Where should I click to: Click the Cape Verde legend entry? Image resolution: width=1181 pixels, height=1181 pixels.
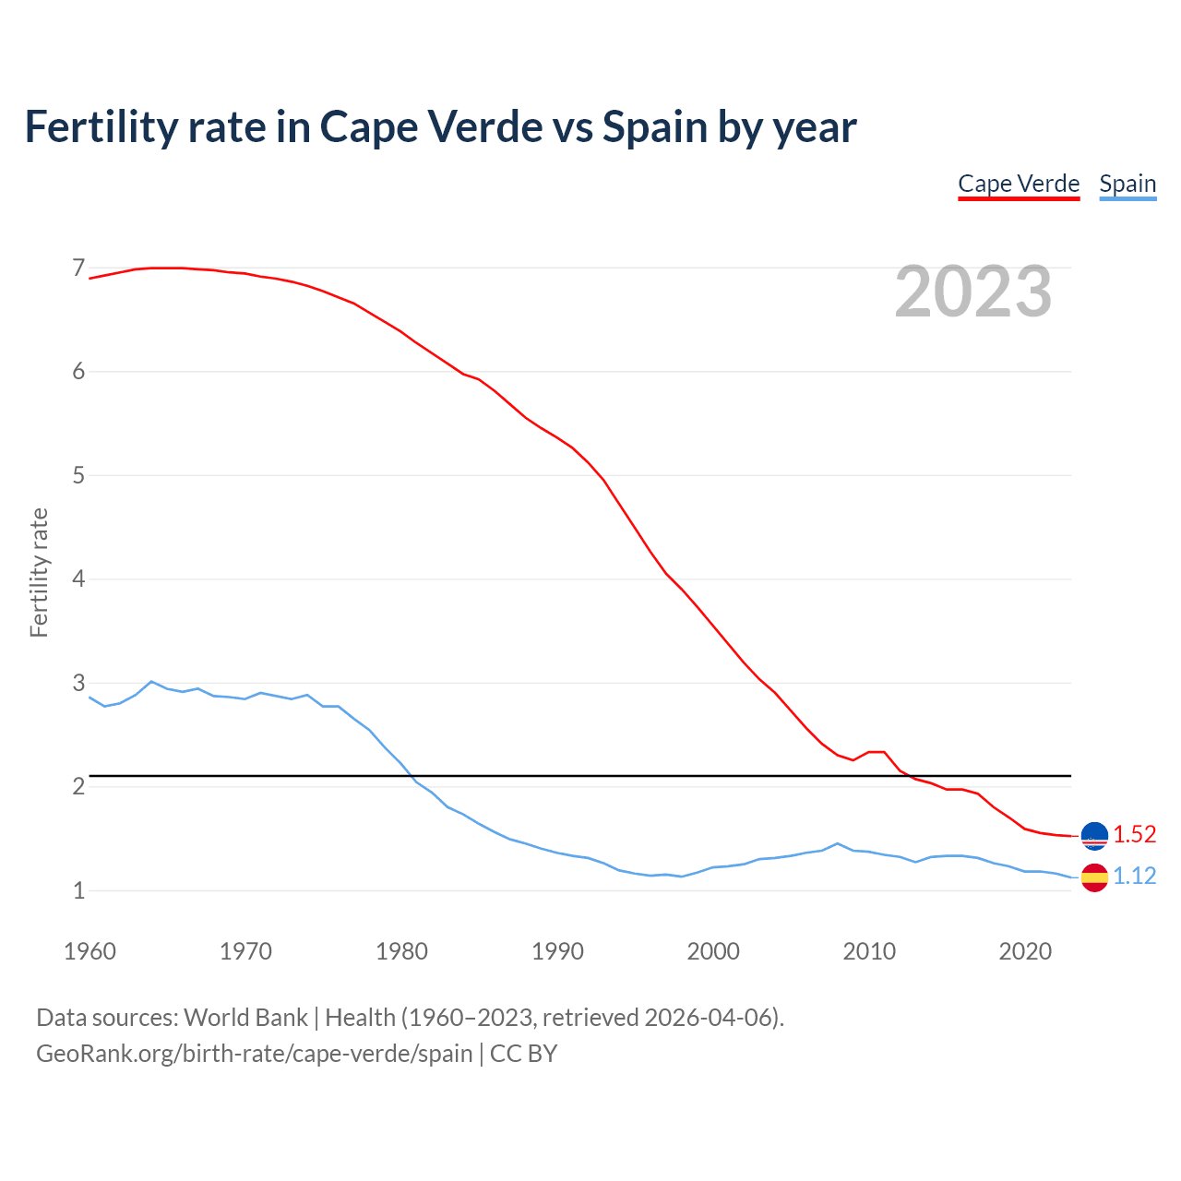(1019, 184)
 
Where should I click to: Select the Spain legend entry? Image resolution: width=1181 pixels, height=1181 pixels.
(1127, 184)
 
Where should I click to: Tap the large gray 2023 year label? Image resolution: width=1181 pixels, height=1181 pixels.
(973, 292)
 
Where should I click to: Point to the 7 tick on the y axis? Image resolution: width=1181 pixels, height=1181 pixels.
(78, 268)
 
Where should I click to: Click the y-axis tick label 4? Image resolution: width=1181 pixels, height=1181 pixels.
(78, 579)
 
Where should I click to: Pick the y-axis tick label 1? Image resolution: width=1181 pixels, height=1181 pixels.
(78, 891)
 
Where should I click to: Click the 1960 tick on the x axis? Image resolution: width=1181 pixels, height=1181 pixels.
(89, 951)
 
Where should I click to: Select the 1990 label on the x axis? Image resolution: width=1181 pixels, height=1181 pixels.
(557, 951)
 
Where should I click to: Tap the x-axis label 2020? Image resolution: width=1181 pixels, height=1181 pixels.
(1025, 951)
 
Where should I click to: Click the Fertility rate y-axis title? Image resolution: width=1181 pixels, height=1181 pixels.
(39, 572)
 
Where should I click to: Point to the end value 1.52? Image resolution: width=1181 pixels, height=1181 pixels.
(1134, 835)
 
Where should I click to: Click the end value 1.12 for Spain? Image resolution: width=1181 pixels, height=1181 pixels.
(1134, 877)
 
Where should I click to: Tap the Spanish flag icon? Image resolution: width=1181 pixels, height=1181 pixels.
(1094, 877)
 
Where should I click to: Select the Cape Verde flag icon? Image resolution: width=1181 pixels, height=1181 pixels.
(1094, 835)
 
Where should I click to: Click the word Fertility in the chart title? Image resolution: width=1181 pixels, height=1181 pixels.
(100, 127)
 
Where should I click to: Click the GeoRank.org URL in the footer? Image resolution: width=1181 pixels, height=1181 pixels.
(255, 1054)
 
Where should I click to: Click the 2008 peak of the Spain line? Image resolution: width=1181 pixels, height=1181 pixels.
(837, 843)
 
